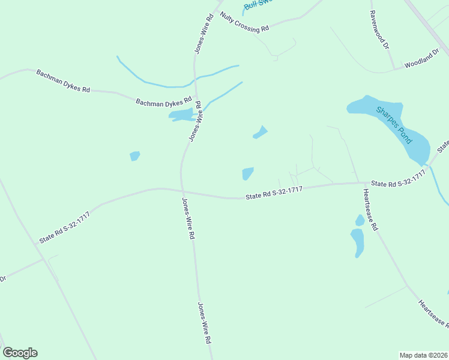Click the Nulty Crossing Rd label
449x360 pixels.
[244, 23]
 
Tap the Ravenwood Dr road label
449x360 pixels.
[380, 30]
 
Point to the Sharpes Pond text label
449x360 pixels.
[394, 125]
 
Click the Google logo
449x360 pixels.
[20, 353]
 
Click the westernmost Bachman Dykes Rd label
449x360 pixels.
[62, 81]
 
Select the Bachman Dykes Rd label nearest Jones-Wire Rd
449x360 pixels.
[163, 103]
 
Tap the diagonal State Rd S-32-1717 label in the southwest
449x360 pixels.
[64, 227]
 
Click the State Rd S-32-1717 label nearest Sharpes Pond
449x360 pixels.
[398, 179]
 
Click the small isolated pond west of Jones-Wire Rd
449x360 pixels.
[134, 156]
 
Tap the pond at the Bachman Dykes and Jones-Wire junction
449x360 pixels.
[181, 115]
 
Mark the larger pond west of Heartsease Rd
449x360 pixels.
[357, 242]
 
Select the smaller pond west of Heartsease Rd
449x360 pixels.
[360, 220]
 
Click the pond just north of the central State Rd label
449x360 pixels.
[247, 173]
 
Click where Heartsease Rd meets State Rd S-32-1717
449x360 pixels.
[361, 183]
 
